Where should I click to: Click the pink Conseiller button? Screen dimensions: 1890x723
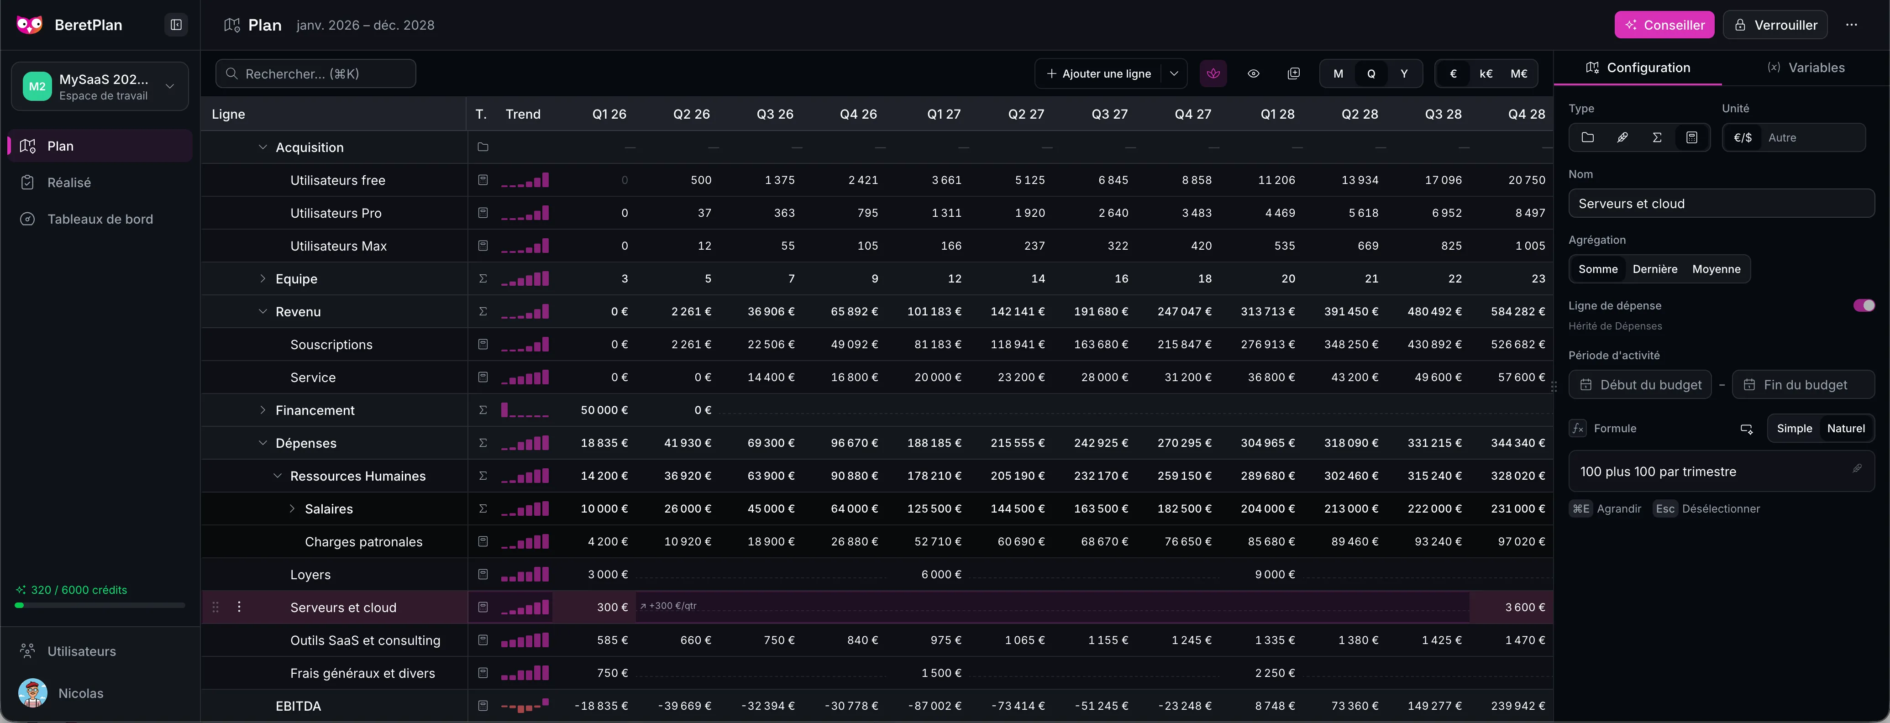1664,25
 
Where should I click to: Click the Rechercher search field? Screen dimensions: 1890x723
315,73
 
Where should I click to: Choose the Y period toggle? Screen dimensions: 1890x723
1403,73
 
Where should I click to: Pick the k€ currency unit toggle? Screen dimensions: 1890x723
1486,73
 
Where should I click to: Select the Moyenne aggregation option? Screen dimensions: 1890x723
1716,269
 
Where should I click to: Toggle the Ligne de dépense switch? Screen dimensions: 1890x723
1864,305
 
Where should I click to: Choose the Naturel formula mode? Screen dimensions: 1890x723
1845,428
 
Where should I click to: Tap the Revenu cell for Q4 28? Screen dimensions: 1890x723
1517,312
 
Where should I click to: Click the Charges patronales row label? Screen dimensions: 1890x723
363,542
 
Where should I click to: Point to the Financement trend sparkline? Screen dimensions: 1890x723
525,410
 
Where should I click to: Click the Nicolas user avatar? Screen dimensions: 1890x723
32,693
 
